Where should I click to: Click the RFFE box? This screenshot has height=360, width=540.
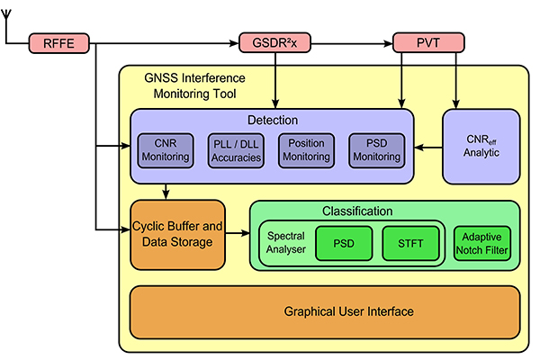(60, 42)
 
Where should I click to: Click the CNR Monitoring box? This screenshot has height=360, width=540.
(166, 150)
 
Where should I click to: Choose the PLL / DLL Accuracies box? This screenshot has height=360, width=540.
(236, 150)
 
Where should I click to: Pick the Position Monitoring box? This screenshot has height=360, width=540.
(306, 150)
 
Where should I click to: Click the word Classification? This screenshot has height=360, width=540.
(382, 211)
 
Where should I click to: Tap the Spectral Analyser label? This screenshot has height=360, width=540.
(287, 242)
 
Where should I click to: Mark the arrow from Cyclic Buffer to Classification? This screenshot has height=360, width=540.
(236, 234)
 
